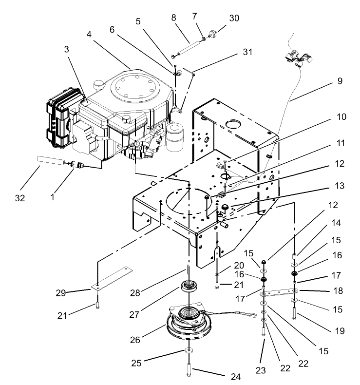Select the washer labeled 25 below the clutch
(188, 352)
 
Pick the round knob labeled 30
(212, 34)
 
